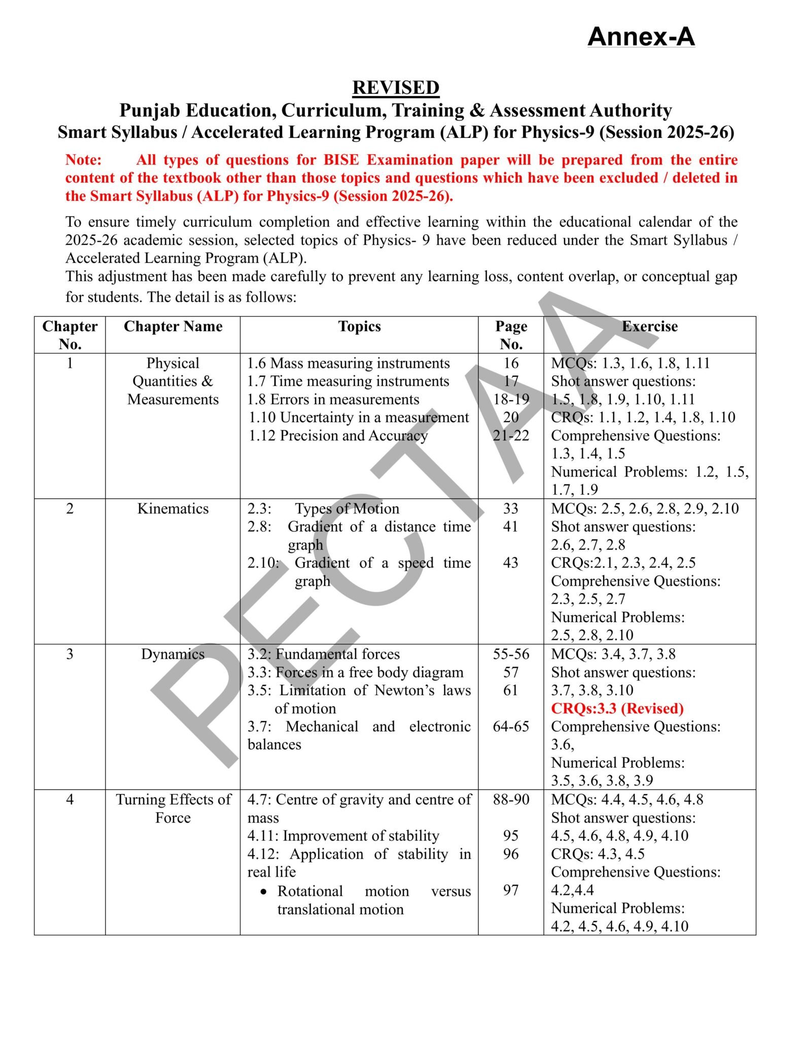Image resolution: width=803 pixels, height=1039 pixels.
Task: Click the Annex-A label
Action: click(641, 37)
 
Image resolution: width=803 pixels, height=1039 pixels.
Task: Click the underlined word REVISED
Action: click(396, 87)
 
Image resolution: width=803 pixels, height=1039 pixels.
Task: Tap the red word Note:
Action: click(84, 160)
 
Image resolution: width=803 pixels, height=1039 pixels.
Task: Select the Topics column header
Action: click(359, 326)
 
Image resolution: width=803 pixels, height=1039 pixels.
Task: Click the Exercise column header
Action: click(649, 326)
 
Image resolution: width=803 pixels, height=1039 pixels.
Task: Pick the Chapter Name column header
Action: click(173, 326)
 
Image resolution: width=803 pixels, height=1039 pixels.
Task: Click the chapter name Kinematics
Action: click(173, 508)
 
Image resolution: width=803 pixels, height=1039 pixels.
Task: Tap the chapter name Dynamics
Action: click(173, 654)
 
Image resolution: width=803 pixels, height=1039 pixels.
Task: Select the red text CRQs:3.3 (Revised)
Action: click(617, 708)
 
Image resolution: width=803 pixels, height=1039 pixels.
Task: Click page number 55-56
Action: click(511, 654)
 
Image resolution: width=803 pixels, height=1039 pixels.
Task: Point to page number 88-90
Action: click(511, 800)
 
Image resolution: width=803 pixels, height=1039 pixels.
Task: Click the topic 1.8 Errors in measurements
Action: click(333, 399)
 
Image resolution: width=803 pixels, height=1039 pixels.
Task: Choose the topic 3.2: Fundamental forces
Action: click(324, 654)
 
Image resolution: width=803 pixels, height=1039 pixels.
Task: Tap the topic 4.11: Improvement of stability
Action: click(343, 836)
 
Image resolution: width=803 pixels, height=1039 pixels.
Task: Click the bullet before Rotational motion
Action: click(263, 891)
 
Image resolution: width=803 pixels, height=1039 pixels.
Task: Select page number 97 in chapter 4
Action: click(511, 890)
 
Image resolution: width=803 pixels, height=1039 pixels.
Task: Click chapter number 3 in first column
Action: click(70, 654)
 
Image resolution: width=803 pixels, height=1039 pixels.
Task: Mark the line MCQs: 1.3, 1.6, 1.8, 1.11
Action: click(631, 363)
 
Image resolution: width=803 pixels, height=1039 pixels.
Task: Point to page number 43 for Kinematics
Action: click(511, 563)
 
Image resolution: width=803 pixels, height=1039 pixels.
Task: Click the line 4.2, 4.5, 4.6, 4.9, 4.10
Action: click(619, 926)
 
